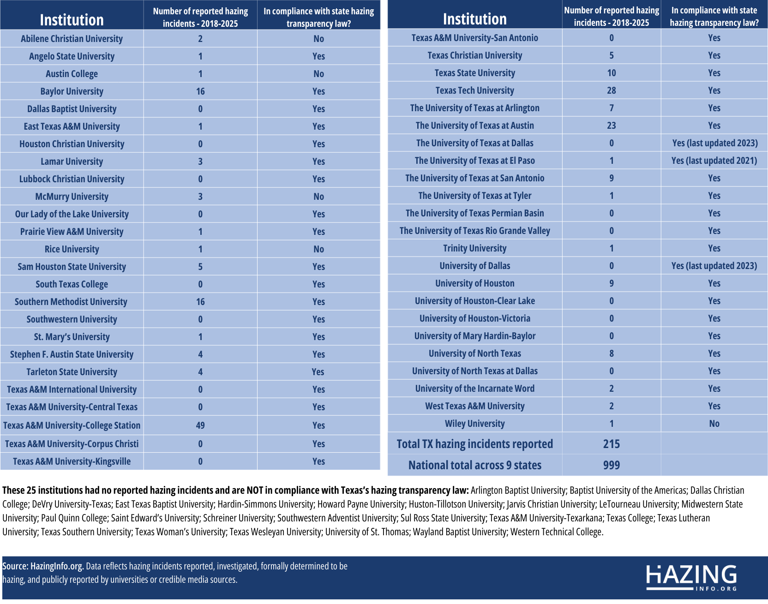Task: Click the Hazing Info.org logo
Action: [691, 577]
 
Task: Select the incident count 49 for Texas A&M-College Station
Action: [200, 425]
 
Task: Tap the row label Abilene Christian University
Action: [72, 39]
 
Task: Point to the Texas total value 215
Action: [611, 444]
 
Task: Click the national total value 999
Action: [611, 465]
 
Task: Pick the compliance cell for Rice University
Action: [318, 249]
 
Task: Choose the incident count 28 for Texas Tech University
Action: [611, 90]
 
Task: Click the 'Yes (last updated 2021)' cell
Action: [714, 161]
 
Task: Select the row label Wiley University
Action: [474, 424]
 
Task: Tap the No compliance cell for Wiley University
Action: [714, 424]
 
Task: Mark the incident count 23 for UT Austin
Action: [611, 126]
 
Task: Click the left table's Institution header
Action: [72, 20]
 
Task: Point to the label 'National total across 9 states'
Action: [474, 465]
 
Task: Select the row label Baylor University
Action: [72, 91]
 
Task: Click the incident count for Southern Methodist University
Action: [200, 302]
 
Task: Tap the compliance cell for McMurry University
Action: [318, 197]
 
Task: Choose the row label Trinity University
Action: [474, 248]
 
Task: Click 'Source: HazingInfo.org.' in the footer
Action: [43, 566]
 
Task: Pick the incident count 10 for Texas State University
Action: [611, 73]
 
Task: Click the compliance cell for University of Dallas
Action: [714, 266]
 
